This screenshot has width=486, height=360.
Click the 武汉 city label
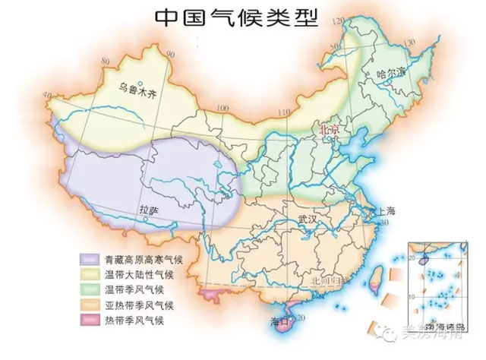[x=310, y=218]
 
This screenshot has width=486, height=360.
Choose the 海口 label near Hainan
[x=280, y=321]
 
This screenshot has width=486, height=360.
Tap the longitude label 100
[x=222, y=109]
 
